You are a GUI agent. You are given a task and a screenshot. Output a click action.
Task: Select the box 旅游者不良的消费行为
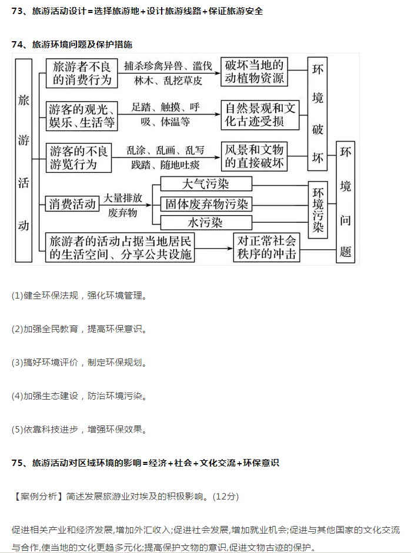tap(82, 73)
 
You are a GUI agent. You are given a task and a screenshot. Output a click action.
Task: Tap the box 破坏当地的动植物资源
tap(255, 72)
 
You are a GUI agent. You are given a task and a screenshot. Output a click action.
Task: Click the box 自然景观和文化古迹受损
tap(260, 115)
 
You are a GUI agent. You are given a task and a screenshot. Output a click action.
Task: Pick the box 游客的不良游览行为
tap(79, 157)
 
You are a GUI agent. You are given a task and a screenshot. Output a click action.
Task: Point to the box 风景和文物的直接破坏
tap(254, 156)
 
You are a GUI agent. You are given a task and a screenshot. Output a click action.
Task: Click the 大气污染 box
tap(206, 184)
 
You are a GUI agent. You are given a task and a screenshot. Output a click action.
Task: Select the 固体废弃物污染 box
tap(206, 204)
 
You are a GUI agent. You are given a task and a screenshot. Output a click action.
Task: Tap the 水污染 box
tap(206, 223)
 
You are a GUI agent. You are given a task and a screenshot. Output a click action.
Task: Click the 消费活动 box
tap(72, 204)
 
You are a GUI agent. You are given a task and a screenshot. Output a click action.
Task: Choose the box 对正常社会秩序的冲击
tap(267, 247)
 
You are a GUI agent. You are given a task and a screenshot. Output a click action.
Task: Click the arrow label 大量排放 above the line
tap(122, 198)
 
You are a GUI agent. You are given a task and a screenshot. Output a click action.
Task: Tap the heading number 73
tap(17, 11)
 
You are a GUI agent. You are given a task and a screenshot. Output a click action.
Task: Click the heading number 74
tap(17, 45)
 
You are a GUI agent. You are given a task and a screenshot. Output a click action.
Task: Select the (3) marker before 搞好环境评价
tap(17, 363)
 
